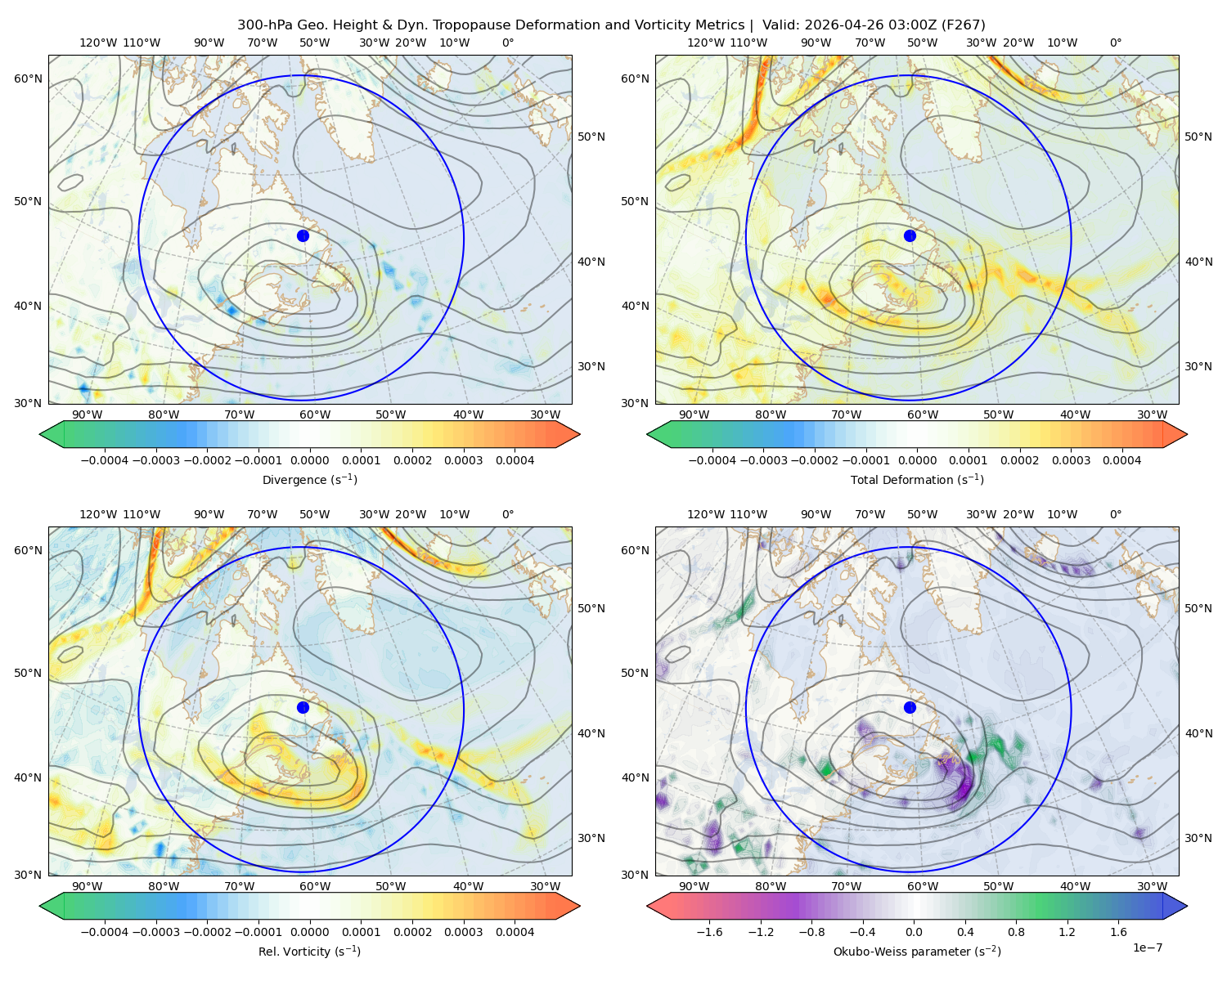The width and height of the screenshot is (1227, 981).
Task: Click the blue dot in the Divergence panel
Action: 303,235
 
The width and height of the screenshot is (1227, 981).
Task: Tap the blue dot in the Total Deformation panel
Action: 910,235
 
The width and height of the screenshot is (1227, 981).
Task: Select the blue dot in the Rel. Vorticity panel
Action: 303,707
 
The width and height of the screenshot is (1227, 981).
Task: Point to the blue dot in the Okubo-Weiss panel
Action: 910,707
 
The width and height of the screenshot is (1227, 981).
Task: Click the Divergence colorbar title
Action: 309,479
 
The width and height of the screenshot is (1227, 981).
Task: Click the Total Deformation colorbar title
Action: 917,479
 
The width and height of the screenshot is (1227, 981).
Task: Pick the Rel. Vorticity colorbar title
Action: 309,951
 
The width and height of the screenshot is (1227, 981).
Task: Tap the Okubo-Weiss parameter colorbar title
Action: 917,951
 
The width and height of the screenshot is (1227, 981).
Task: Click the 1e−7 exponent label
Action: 1147,947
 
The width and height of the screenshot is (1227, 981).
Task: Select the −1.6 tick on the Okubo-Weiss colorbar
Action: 709,931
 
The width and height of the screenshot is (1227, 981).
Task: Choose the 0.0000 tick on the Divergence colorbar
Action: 309,460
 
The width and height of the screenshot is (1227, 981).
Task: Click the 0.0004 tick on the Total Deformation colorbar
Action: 1121,460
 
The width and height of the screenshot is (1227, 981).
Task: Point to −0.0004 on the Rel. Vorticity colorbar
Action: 105,931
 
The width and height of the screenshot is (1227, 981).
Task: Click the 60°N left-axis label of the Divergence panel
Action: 28,78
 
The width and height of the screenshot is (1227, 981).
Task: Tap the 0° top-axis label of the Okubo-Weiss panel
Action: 1115,513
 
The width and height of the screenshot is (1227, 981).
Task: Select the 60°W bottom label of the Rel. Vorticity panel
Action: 315,886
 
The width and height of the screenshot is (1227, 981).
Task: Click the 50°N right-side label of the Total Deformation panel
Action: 1198,137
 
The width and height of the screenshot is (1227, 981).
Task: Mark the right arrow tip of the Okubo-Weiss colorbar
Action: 1187,906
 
